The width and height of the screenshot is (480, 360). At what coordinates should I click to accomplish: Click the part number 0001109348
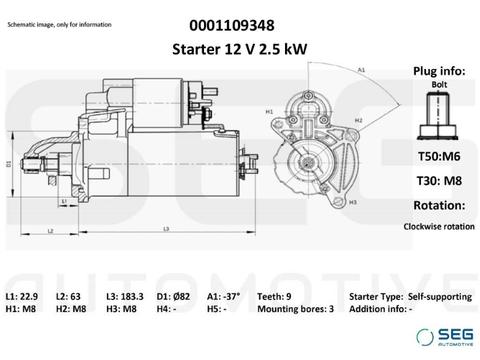pos(232,25)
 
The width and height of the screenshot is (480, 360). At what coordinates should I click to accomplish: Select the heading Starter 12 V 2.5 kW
pos(239,49)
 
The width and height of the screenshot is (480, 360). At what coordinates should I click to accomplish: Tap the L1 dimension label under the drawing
pos(64,201)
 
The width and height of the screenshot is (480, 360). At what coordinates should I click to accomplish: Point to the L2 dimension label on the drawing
pos(50,231)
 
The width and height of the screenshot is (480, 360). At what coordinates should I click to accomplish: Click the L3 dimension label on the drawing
pos(166,229)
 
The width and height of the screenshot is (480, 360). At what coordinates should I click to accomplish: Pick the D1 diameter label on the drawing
pos(9,164)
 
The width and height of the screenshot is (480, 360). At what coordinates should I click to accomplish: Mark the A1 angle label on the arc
pos(362,70)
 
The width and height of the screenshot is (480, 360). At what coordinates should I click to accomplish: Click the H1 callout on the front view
pos(269,112)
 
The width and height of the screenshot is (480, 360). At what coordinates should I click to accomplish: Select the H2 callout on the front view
pos(358,121)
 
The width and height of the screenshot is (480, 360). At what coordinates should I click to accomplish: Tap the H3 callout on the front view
pos(353,202)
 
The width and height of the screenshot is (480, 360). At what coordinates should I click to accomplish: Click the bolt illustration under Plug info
pos(438,116)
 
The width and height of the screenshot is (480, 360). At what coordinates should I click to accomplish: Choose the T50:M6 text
pos(439,157)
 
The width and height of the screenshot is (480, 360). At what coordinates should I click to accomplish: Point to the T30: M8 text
pos(439,181)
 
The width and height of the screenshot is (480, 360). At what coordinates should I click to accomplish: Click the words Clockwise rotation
pos(439,227)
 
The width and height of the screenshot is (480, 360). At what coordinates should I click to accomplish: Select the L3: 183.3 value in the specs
pos(125,296)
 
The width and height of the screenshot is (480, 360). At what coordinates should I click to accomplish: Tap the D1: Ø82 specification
pos(173,296)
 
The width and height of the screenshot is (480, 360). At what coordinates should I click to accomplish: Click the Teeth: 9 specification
pos(274,296)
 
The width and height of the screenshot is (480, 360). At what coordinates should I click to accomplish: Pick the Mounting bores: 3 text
pos(295,308)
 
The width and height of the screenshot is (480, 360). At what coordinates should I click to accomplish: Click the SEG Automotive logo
pos(445,337)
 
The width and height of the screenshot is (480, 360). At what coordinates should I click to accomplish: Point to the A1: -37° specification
pos(223,296)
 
